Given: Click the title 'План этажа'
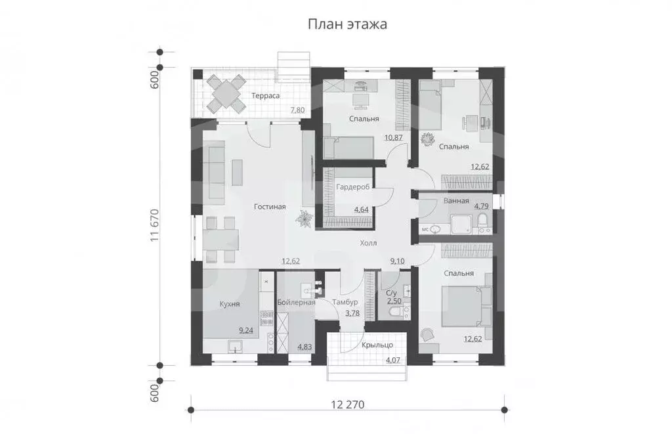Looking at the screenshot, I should pos(347,25).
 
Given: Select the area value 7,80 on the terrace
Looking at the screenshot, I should pos(297,110).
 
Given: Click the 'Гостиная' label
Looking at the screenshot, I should pos(270,207).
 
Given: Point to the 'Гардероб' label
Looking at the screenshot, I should pos(352,187).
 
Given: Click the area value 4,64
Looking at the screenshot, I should pos(361,209).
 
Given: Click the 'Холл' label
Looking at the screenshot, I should pos(368,243).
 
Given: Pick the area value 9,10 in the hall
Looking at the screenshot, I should pos(398,261).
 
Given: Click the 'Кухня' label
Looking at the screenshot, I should pos(228,304).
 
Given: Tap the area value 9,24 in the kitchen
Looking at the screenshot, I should pos(245,330).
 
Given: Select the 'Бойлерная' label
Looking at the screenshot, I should pos(297,303).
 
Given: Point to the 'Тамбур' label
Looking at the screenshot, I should pos(345,303).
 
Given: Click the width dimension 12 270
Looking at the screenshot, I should pos(347,403).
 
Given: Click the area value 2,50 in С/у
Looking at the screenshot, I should pos(394,301).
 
